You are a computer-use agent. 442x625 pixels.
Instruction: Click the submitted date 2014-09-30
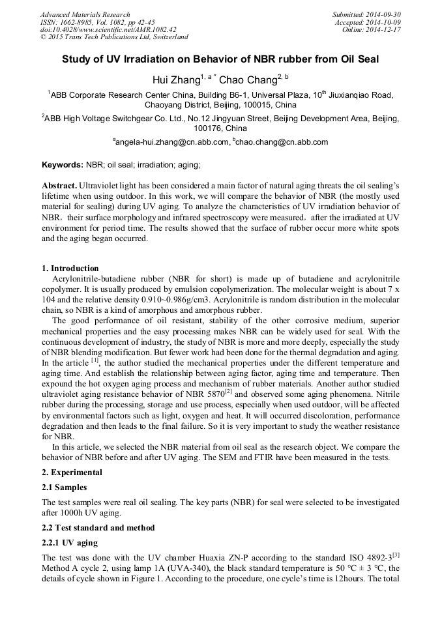click(385, 14)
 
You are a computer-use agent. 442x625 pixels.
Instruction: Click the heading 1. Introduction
click(70, 269)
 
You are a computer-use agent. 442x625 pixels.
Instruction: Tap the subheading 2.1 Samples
click(64, 487)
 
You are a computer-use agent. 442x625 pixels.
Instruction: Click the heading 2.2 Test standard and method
click(98, 527)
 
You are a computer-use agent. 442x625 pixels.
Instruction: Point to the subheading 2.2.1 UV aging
click(70, 543)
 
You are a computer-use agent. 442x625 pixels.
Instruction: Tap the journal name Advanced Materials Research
click(85, 14)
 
